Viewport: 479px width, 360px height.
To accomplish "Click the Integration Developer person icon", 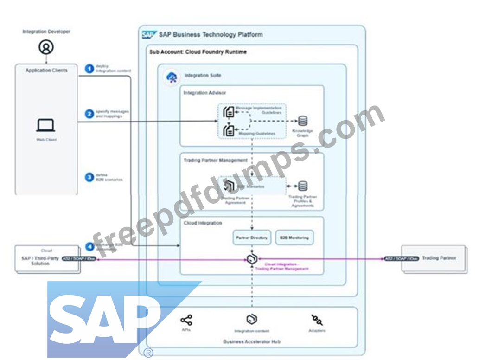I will click(46, 47).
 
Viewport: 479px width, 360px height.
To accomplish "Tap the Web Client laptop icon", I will click(46, 125).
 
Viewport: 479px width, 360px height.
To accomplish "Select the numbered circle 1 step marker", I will click(89, 68).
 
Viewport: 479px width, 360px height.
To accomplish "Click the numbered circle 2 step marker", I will click(89, 114).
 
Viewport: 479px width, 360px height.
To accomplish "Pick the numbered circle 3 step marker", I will click(89, 177).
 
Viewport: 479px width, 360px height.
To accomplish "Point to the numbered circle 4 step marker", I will click(89, 246).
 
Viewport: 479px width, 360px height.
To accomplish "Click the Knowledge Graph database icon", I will click(303, 121).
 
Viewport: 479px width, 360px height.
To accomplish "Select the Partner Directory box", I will click(252, 238).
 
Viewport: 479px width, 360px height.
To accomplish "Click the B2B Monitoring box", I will click(294, 238).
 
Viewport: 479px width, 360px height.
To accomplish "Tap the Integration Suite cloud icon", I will click(172, 77).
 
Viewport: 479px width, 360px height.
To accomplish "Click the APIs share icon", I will click(186, 320).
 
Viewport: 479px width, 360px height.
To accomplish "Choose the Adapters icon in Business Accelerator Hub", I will click(317, 320).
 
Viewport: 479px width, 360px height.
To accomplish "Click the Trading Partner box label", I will click(439, 258).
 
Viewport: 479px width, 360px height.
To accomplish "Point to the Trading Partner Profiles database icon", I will click(303, 186).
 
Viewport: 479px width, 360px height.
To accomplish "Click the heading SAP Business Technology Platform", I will click(211, 34).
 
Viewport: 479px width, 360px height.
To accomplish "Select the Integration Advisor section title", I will click(204, 93).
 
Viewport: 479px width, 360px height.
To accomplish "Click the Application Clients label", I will click(46, 71).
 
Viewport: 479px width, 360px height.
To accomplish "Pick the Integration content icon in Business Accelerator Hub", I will click(252, 319).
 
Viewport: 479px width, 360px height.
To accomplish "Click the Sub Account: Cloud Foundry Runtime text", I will click(198, 52).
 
